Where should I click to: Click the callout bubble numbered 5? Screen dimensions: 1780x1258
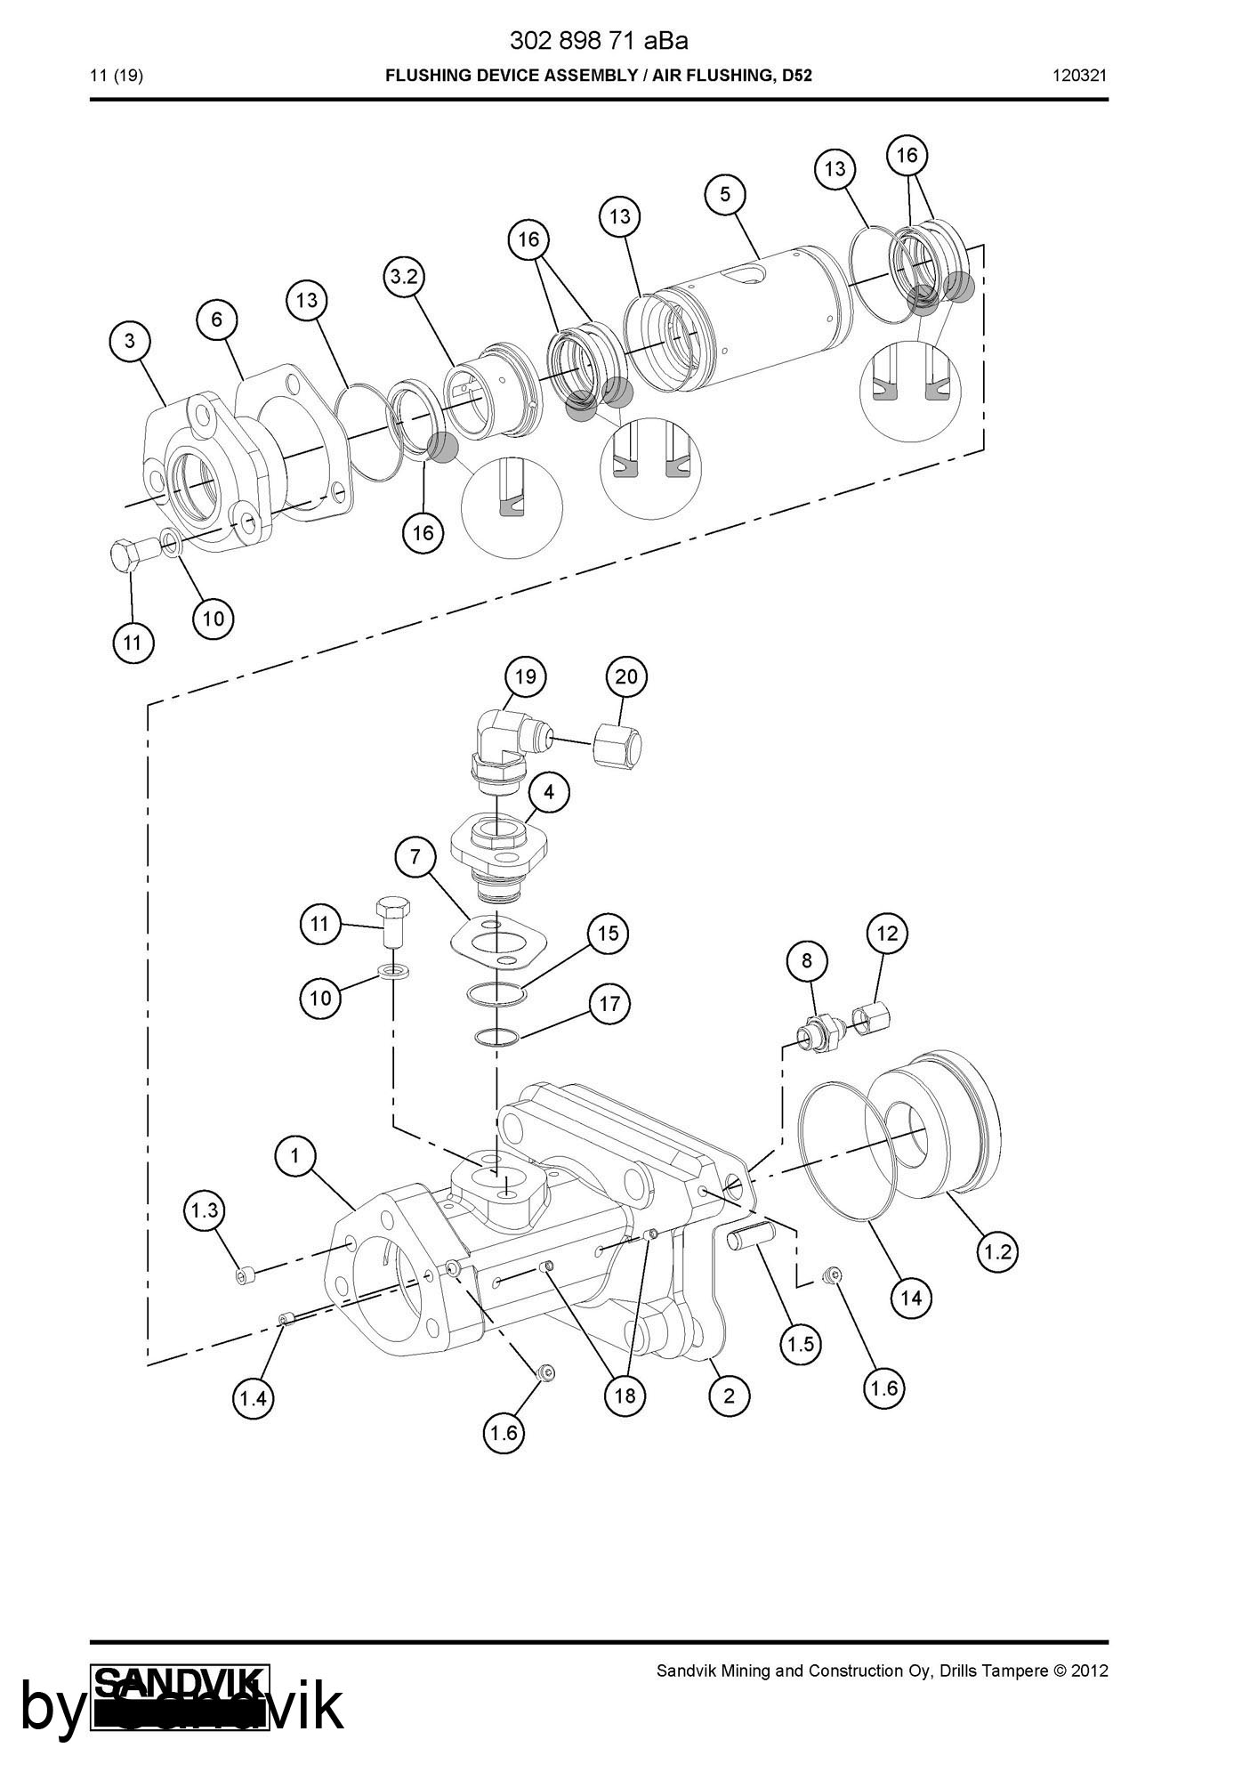click(x=725, y=194)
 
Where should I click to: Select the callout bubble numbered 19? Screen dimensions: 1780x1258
click(x=525, y=676)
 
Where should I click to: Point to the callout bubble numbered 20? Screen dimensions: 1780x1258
click(x=626, y=676)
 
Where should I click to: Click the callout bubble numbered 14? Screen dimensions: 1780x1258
click(x=911, y=1298)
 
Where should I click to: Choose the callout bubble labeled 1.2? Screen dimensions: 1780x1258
click(x=996, y=1251)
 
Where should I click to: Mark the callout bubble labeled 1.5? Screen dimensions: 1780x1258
click(x=801, y=1344)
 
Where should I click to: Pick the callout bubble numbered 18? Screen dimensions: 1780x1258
click(x=625, y=1396)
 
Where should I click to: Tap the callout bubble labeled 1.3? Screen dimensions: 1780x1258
click(x=205, y=1210)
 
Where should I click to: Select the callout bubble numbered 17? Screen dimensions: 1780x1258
click(x=609, y=1004)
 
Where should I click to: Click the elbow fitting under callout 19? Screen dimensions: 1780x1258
click(x=498, y=743)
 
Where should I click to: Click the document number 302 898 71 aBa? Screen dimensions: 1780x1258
click(x=598, y=41)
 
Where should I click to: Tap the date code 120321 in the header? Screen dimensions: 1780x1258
click(x=1079, y=76)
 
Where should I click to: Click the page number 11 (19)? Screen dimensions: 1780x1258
click(x=117, y=76)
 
